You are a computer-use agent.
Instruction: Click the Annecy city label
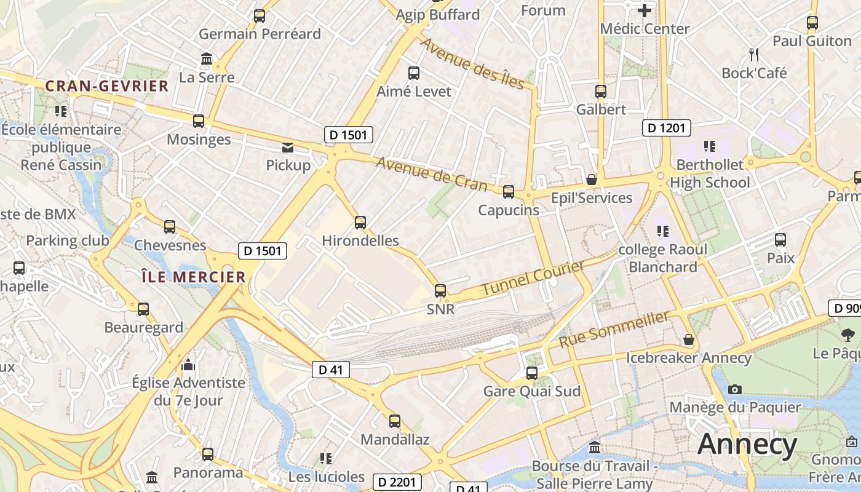coord(747,444)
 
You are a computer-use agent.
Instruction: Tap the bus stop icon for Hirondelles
coord(360,223)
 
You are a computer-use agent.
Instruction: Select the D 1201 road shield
coord(667,128)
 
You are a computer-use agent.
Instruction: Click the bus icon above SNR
coord(440,291)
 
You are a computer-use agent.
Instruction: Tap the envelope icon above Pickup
coord(288,148)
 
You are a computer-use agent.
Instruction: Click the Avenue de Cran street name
coord(431,174)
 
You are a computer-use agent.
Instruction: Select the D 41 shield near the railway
coord(331,370)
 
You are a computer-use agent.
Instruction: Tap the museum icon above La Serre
coord(207,60)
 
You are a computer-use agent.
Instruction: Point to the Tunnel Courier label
coord(533,277)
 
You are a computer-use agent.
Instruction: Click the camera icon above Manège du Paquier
coord(734,389)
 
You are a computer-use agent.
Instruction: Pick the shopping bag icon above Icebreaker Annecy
coord(689,339)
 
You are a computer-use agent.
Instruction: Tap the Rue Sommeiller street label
coord(614,329)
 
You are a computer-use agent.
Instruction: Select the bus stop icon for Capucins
coord(509,192)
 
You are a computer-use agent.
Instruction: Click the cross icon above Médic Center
coord(645,10)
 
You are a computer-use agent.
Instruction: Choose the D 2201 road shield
coord(397,482)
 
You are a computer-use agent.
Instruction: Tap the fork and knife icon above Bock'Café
coord(754,55)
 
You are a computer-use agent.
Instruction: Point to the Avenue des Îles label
coord(471,63)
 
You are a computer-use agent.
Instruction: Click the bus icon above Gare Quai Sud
coord(532,373)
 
